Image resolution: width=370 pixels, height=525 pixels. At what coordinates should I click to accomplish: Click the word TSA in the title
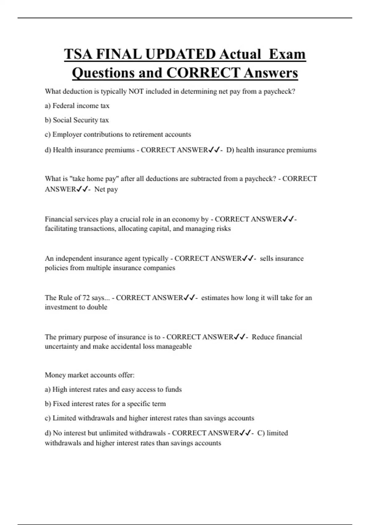coord(78,54)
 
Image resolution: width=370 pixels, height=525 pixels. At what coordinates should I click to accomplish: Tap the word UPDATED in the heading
coord(180,54)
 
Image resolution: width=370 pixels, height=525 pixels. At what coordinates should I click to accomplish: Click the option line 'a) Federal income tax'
coord(77,106)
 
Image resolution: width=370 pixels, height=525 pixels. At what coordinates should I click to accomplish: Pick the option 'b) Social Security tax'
coord(77,120)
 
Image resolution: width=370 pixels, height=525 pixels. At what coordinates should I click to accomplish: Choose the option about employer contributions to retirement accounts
coord(118,134)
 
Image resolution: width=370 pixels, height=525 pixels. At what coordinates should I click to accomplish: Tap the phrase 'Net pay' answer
coord(106,189)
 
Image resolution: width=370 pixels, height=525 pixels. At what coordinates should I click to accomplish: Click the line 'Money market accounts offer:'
coord(89,375)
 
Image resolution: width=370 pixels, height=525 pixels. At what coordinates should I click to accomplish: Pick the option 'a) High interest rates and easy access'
coord(113,389)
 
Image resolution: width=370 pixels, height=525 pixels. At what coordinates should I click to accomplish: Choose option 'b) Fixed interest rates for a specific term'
coord(105,404)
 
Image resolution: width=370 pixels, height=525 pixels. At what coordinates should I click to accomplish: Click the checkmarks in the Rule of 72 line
coord(189,298)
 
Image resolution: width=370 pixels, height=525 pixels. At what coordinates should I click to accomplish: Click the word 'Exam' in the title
coord(287,54)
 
